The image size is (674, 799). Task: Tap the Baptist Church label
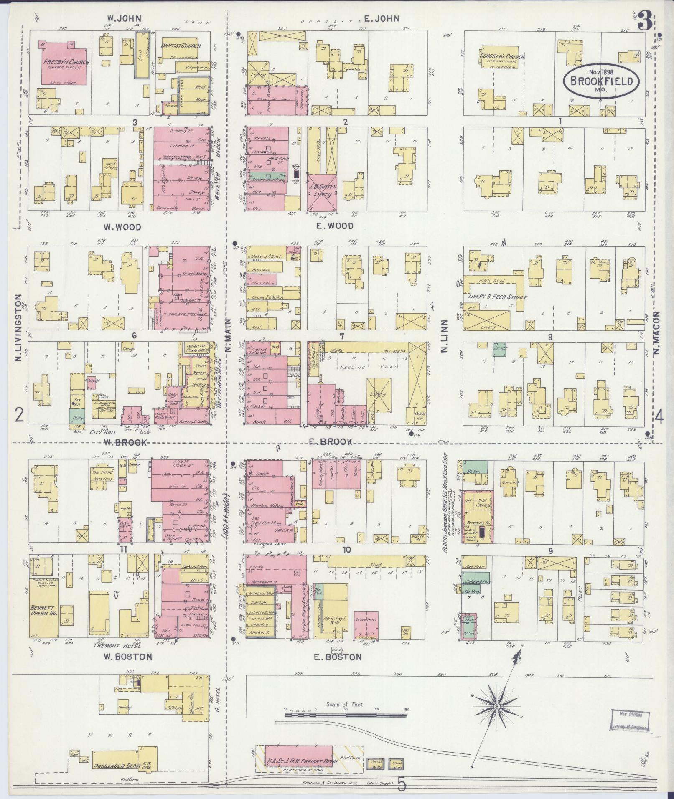point(181,46)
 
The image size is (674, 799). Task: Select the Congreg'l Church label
point(502,56)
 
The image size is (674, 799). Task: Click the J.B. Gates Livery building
point(322,190)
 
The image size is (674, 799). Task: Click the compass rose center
point(497,706)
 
